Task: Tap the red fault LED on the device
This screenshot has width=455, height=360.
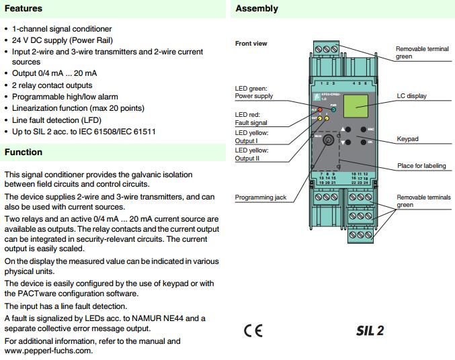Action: (x=320, y=109)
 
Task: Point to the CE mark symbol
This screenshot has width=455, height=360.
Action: (x=253, y=330)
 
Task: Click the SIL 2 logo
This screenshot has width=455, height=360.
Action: (x=370, y=330)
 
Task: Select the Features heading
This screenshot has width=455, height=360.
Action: (x=24, y=9)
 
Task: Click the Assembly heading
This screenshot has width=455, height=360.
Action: (x=256, y=9)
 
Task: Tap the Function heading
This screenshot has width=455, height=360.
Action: (x=24, y=152)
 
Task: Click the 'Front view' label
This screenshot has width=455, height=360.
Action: (x=251, y=44)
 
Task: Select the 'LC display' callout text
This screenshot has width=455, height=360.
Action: (x=411, y=96)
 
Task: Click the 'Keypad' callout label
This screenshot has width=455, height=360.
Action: (x=407, y=139)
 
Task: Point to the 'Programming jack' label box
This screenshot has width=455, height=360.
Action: (x=255, y=197)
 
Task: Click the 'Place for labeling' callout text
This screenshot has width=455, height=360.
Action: (x=421, y=166)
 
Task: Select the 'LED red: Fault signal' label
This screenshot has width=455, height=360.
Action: (x=251, y=119)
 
